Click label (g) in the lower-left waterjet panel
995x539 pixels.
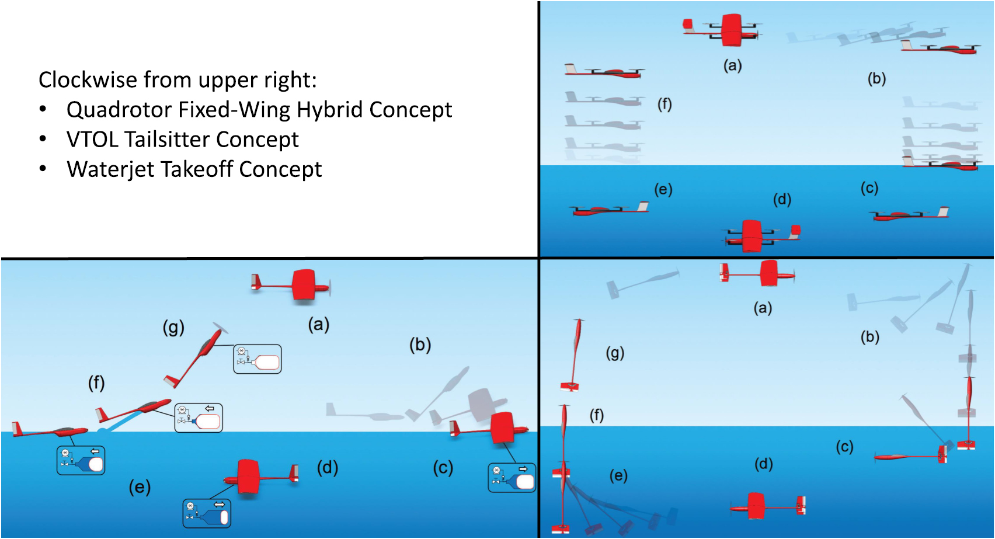pos(173,327)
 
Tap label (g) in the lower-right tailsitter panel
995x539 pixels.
pos(615,353)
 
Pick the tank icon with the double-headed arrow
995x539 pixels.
pos(207,514)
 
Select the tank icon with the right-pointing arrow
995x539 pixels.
pos(512,478)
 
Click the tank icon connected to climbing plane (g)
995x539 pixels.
pos(258,359)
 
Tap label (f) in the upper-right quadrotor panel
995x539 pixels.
pos(665,104)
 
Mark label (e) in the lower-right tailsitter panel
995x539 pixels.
pos(618,475)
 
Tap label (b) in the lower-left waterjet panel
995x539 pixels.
pos(420,345)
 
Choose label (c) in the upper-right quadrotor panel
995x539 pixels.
pos(869,188)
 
